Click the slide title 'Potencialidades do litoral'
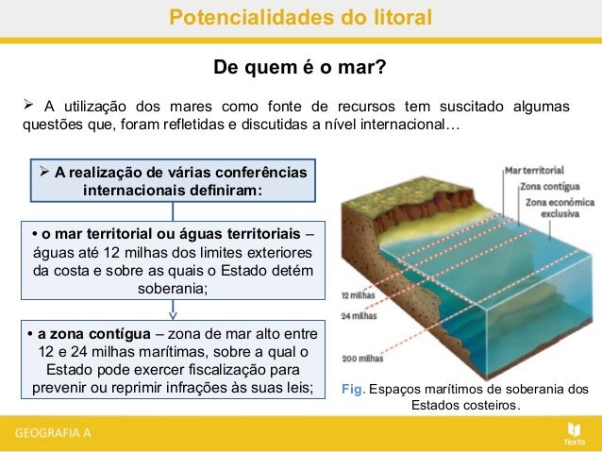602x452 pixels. click(300, 17)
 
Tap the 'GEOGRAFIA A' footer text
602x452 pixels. click(53, 433)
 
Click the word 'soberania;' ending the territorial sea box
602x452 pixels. click(172, 289)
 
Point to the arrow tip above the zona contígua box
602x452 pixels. click(172, 316)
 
